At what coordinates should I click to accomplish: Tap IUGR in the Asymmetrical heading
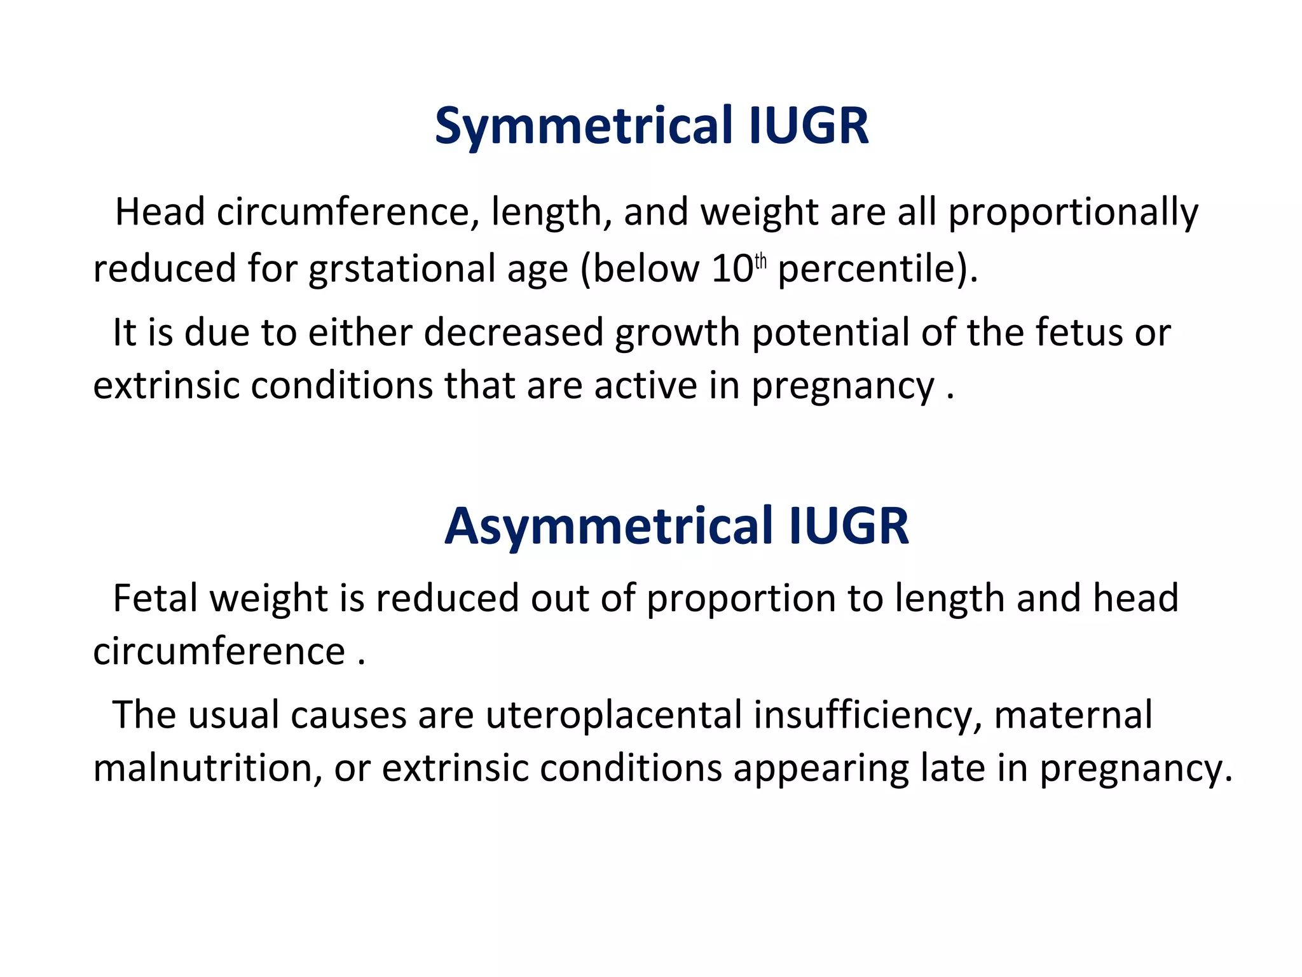pos(849,527)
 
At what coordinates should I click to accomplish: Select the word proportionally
pos(1073,213)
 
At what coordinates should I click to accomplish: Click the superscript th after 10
pos(760,261)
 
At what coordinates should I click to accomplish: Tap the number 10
pos(732,269)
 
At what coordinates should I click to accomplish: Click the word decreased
pos(513,333)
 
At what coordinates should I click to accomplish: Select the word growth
pos(677,333)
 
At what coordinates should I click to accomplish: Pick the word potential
pos(830,333)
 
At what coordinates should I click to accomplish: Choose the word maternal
pos(1073,716)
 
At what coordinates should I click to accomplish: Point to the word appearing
pos(821,768)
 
